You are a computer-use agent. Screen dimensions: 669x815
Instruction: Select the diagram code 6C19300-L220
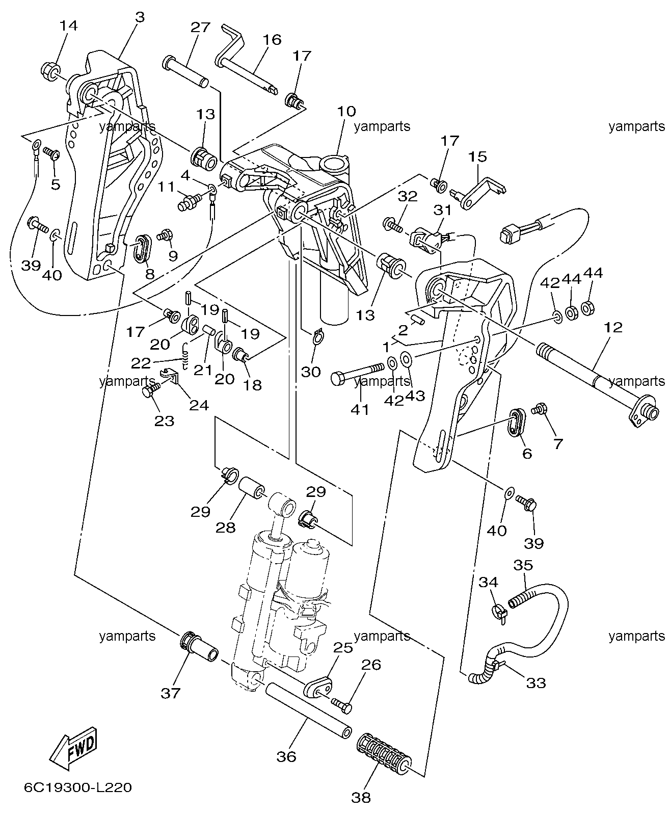(x=78, y=787)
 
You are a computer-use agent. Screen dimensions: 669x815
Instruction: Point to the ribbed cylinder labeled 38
(x=384, y=753)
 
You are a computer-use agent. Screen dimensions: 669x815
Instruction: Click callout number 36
(x=286, y=757)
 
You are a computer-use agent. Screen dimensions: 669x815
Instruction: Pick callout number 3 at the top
(x=140, y=17)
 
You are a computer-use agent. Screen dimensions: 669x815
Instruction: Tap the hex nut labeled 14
(x=50, y=71)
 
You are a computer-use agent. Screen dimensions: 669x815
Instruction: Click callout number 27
(x=200, y=27)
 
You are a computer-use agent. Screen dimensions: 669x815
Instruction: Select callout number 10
(x=346, y=111)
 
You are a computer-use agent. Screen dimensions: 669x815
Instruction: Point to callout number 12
(x=613, y=327)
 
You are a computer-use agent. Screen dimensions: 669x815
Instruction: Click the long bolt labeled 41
(x=358, y=373)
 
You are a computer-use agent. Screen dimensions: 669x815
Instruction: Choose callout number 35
(x=523, y=565)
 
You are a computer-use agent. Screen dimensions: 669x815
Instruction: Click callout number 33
(x=536, y=683)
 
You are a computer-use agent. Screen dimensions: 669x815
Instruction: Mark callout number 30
(x=311, y=372)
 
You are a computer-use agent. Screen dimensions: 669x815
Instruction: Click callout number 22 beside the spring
(x=141, y=363)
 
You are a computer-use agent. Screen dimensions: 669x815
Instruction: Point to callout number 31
(x=443, y=210)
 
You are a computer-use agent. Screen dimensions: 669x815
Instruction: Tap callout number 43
(x=415, y=396)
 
